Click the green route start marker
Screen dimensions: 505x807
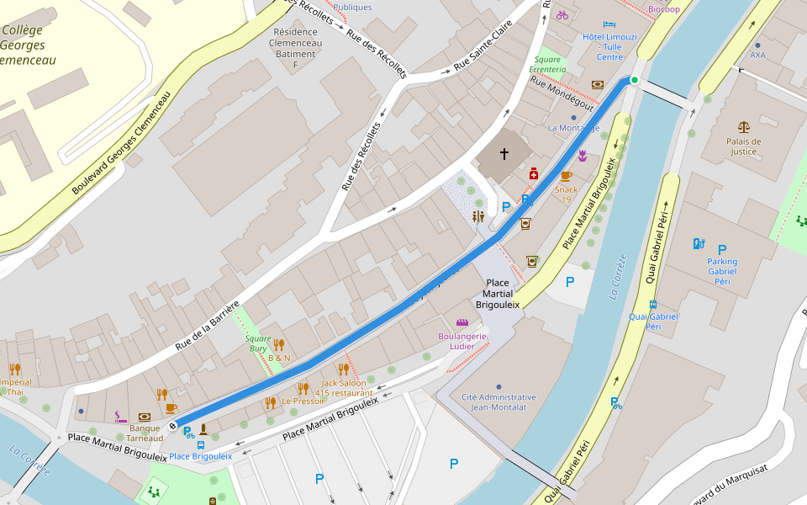coord(635,80)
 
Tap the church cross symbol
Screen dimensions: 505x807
coord(504,154)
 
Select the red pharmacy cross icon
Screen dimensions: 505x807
coord(533,173)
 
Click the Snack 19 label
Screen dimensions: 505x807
coord(567,189)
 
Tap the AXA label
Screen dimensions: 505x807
coord(757,55)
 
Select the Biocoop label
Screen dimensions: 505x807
coord(664,8)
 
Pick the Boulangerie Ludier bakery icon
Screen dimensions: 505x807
coord(462,322)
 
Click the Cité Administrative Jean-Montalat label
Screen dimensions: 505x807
coord(498,401)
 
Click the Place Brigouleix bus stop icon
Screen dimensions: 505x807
coord(200,445)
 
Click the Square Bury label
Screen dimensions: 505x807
coord(257,343)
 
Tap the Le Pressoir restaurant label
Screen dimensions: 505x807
coord(303,401)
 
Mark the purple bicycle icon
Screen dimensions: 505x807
coord(562,15)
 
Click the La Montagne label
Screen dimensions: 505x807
coord(573,128)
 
